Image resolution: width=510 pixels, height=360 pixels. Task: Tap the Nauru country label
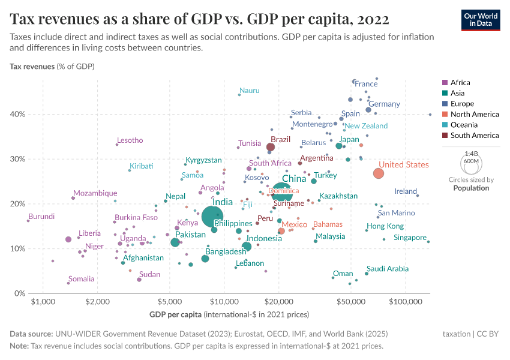pos(250,91)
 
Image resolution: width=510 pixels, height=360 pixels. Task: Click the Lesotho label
pos(130,140)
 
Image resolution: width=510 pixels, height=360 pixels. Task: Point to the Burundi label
pos(41,217)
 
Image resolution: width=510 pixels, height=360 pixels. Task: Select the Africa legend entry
pos(460,83)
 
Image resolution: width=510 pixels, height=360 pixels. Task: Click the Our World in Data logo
pos(480,20)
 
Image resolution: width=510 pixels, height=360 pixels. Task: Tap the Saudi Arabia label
pos(388,269)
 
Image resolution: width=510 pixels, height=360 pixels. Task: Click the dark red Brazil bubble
pos(271,147)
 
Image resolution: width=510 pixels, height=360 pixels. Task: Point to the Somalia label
pos(81,279)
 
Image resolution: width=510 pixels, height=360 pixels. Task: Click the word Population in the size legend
pos(471,188)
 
